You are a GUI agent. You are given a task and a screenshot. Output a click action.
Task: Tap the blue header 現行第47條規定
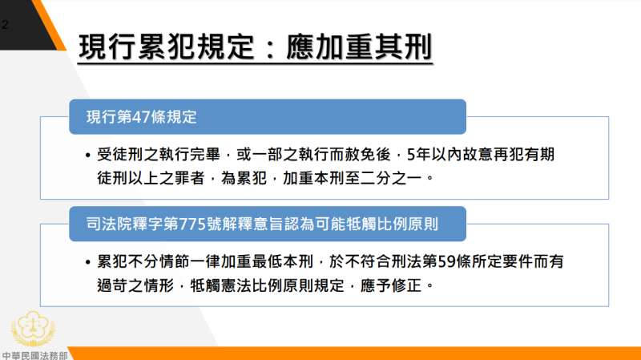point(142,117)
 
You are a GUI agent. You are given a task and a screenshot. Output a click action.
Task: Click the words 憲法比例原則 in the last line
point(274,284)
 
